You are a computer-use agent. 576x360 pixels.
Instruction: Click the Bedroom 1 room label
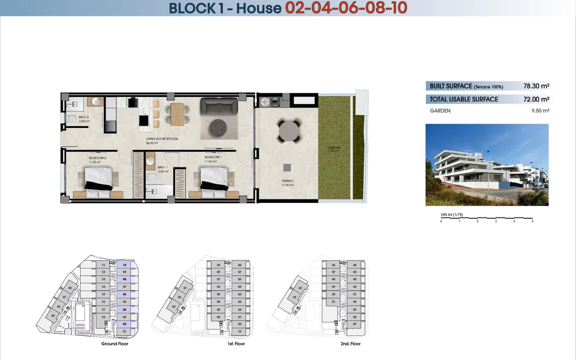pos(213,157)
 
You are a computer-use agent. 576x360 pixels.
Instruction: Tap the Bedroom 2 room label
pos(97,158)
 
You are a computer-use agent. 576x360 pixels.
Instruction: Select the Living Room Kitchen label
pos(162,139)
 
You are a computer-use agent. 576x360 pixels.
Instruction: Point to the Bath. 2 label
pos(84,117)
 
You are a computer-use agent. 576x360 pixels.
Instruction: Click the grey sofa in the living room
pos(219,106)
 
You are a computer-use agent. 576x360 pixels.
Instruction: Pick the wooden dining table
pos(177,114)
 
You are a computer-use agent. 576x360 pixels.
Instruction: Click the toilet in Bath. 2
pos(71,119)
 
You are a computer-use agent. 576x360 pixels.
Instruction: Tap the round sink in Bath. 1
pos(150,161)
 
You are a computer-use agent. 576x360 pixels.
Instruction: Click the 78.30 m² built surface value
pos(536,86)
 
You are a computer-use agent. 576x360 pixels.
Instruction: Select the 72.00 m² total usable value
pos(536,99)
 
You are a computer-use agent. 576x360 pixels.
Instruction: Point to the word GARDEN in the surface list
pos(440,111)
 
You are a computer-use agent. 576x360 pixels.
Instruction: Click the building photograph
pos(487,165)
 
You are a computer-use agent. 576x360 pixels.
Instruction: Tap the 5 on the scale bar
pos(532,221)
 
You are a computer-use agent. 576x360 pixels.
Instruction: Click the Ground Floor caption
pos(115,344)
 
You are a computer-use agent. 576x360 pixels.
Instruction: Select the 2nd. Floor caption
pos(350,344)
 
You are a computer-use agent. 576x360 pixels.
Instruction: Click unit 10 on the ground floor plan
pos(124,265)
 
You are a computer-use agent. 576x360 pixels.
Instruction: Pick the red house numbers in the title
pos(346,8)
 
